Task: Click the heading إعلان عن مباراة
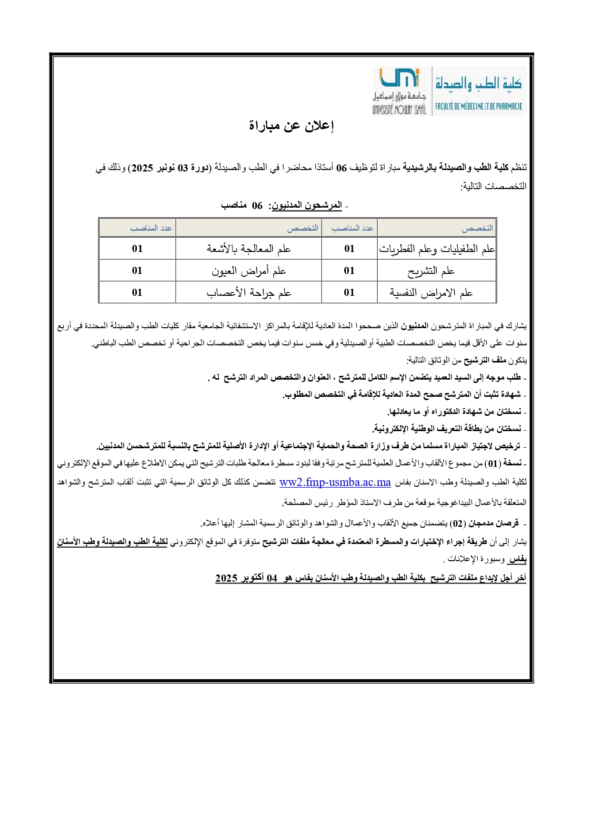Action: point(291,126)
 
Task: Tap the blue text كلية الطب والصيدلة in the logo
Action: point(478,84)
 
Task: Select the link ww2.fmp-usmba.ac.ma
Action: point(335,482)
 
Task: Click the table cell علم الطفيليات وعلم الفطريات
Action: point(437,249)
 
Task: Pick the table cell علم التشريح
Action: point(431,271)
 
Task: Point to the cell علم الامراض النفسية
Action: point(431,292)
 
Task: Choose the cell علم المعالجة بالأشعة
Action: point(249,249)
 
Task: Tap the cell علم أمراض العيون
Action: point(249,271)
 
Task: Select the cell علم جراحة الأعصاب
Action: point(249,292)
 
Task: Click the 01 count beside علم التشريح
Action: point(349,271)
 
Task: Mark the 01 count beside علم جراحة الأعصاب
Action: point(137,292)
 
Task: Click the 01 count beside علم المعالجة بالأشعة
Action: point(137,249)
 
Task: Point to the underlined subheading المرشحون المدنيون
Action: point(307,205)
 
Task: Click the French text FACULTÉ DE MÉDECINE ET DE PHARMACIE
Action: point(478,107)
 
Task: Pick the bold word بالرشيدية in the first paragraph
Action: point(420,168)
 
